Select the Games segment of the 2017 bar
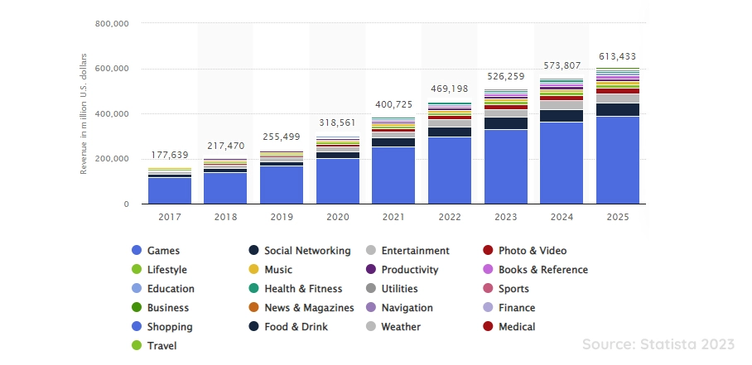click(x=170, y=190)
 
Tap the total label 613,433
click(x=617, y=57)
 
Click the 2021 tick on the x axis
click(x=393, y=218)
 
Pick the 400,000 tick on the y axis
click(x=113, y=114)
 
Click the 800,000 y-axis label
click(x=113, y=25)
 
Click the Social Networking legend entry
click(x=307, y=251)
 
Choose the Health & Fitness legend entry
click(x=302, y=289)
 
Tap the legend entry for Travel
click(x=161, y=346)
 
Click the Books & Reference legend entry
click(x=542, y=270)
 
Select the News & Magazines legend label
click(x=309, y=308)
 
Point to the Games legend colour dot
click(x=137, y=251)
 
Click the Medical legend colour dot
click(x=488, y=327)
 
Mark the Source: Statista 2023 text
click(x=658, y=343)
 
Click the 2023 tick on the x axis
click(x=505, y=218)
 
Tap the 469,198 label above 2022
click(x=449, y=89)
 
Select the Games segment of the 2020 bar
click(x=337, y=180)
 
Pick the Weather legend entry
click(x=401, y=327)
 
